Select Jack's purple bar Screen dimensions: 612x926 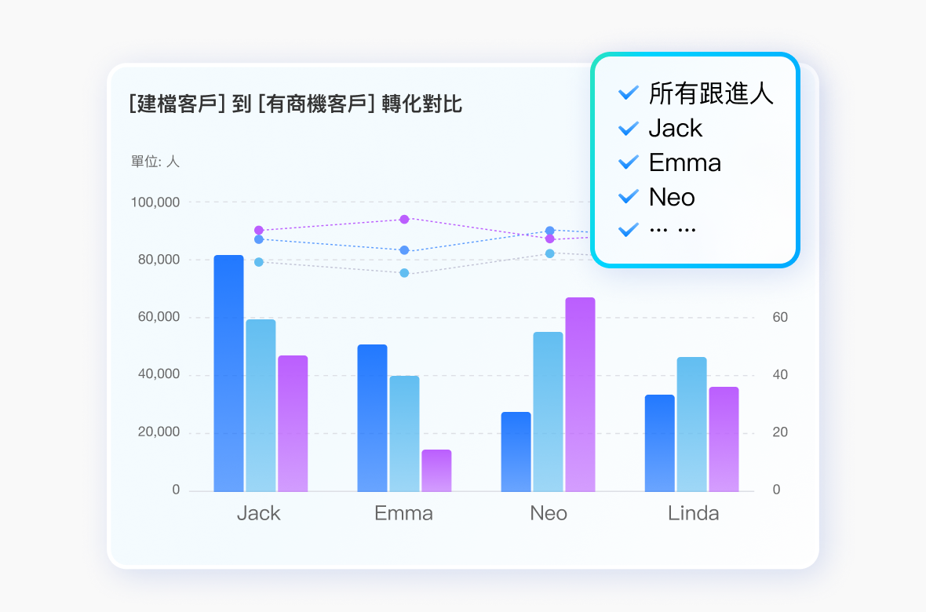[293, 424]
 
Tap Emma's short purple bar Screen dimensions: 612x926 [436, 471]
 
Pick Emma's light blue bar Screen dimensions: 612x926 [404, 433]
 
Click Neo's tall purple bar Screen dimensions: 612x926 [580, 395]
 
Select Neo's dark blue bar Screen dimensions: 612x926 [516, 452]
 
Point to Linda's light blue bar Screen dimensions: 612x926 [691, 424]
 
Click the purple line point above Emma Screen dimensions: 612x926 [404, 219]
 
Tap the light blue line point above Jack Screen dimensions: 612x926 [258, 262]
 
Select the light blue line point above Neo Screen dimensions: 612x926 [550, 253]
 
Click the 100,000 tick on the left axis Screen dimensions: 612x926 [155, 202]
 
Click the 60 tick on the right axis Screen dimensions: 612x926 [780, 318]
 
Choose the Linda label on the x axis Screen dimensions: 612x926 [694, 514]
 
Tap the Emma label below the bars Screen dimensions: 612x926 [403, 514]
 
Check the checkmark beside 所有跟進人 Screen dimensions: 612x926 [629, 93]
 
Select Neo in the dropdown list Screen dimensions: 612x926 [672, 197]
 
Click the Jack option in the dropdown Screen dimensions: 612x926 [675, 128]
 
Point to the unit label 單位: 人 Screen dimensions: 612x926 [155, 162]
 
